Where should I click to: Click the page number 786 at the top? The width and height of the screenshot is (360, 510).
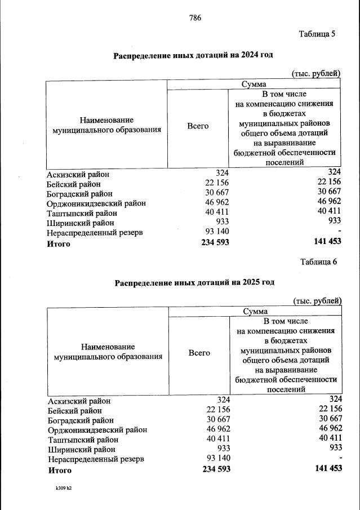(x=195, y=17)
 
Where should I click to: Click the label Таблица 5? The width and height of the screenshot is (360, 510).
(x=317, y=34)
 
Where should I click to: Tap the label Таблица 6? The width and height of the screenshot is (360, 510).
(x=318, y=261)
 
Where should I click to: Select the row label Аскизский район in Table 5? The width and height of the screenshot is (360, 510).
(x=78, y=174)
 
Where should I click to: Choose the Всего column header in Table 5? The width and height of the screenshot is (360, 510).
(x=198, y=126)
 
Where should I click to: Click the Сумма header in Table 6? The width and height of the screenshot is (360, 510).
(x=255, y=311)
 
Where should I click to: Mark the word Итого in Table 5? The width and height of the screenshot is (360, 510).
(x=58, y=244)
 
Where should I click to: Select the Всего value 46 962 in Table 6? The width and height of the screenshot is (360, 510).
(x=217, y=429)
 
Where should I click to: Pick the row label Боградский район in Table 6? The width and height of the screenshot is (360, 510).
(x=81, y=420)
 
